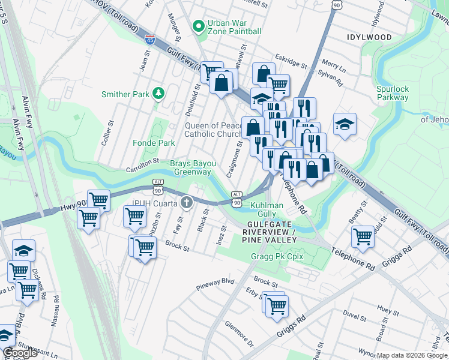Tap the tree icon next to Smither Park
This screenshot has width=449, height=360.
tap(158, 94)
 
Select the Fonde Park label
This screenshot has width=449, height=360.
tap(154, 143)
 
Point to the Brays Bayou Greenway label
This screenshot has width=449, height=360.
tap(192, 167)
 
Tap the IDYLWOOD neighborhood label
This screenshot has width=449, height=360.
tap(369, 37)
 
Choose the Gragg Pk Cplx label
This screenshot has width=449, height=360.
tap(273, 257)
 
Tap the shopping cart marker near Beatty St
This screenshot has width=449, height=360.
tap(363, 236)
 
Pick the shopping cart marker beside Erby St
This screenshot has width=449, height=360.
tap(276, 305)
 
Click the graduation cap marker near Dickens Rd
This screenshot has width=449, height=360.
tap(23, 250)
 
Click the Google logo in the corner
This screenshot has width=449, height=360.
tap(20, 353)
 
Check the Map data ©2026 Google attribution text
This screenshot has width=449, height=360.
tap(412, 355)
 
